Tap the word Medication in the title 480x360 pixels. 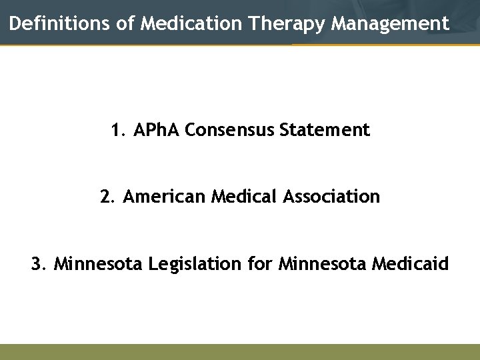point(192,24)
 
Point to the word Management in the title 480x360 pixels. point(390,24)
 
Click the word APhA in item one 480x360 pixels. point(157,130)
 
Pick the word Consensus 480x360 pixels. point(230,130)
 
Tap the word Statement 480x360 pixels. point(325,130)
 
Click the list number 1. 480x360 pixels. point(118,130)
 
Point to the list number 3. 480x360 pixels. point(38,264)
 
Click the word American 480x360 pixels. point(165,197)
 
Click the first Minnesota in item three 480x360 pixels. point(98,264)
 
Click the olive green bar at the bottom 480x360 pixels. point(240,351)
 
